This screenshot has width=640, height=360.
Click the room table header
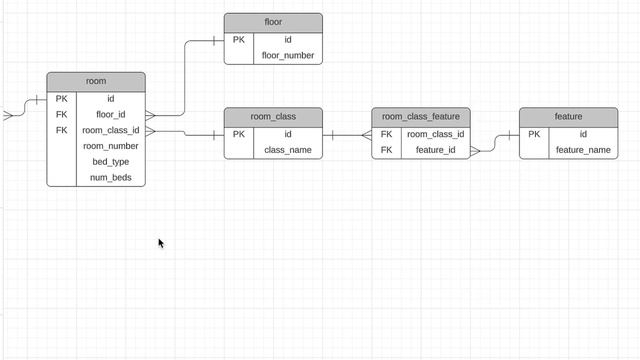pyautogui.click(x=96, y=81)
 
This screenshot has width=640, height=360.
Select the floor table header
pyautogui.click(x=273, y=22)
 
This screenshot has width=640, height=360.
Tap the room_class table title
pyautogui.click(x=273, y=117)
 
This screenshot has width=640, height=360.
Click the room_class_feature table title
pyautogui.click(x=421, y=117)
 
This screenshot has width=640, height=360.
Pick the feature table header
pyautogui.click(x=568, y=117)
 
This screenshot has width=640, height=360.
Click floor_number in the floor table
pyautogui.click(x=288, y=56)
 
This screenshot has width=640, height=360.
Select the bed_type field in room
pyautogui.click(x=111, y=162)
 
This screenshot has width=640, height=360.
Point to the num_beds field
pyautogui.click(x=111, y=178)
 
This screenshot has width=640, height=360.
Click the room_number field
pyautogui.click(x=111, y=146)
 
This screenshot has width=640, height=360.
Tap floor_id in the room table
pyautogui.click(x=111, y=115)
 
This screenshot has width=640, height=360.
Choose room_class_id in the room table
pyautogui.click(x=111, y=130)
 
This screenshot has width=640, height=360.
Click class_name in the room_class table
pyautogui.click(x=288, y=150)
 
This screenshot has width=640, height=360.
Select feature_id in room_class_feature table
pyautogui.click(x=436, y=150)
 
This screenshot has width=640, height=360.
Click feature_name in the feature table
pyautogui.click(x=583, y=150)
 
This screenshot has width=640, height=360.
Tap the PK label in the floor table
pyautogui.click(x=239, y=40)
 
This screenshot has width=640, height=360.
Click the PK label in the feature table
pyautogui.click(x=534, y=134)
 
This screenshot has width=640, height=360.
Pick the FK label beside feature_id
pyautogui.click(x=386, y=150)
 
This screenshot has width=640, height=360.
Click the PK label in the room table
pyautogui.click(x=62, y=99)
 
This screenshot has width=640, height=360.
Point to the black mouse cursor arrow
pyautogui.click(x=160, y=242)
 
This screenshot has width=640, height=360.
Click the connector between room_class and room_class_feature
pyautogui.click(x=347, y=135)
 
